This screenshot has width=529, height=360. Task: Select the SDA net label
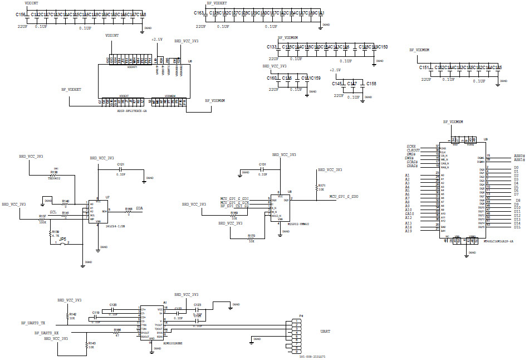(x=139, y=208)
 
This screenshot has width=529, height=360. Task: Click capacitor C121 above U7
(x=121, y=169)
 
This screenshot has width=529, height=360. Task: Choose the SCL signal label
(x=53, y=212)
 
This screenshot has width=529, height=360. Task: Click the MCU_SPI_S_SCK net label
(x=234, y=202)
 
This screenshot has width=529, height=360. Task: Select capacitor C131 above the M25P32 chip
(x=262, y=169)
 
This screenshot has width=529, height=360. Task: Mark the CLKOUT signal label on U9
(x=413, y=150)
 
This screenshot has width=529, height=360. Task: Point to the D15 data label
(x=517, y=227)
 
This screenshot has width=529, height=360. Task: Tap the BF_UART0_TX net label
(x=33, y=323)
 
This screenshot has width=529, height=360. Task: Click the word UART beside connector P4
(x=325, y=332)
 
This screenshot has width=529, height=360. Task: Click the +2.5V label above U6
(x=157, y=40)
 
